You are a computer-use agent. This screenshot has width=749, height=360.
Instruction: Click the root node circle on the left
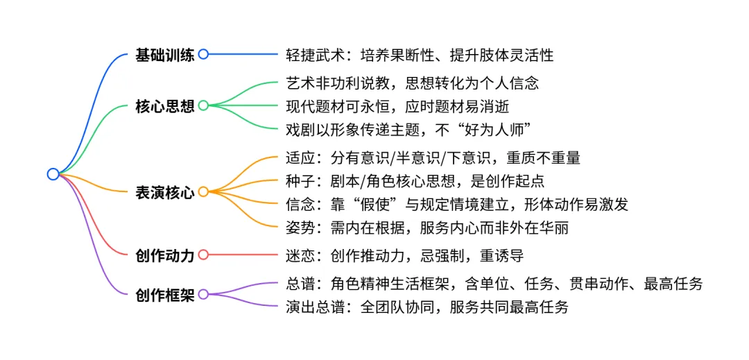53,174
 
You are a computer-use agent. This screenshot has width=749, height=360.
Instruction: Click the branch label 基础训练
165,55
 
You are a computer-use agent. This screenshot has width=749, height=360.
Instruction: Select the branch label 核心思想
165,105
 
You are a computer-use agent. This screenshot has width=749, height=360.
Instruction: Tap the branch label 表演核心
165,192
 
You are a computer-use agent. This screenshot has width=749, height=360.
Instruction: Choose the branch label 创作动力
165,255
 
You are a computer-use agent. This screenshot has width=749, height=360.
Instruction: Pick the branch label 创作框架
165,294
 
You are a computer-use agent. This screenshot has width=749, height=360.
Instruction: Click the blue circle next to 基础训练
203,54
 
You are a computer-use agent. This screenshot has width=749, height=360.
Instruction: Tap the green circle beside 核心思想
203,105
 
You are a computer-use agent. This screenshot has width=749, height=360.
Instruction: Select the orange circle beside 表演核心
203,192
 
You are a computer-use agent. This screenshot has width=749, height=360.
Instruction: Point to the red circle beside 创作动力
203,255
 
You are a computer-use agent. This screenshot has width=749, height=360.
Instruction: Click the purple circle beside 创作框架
203,294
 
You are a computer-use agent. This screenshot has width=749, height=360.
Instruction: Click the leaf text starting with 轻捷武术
420,55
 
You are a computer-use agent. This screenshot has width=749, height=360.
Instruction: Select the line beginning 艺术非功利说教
412,83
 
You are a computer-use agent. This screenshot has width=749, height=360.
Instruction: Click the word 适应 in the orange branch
299,157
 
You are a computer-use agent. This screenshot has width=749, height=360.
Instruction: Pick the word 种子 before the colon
299,180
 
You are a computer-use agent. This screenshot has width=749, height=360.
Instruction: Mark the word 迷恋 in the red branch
299,255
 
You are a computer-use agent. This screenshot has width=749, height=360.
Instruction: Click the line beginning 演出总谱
427,307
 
